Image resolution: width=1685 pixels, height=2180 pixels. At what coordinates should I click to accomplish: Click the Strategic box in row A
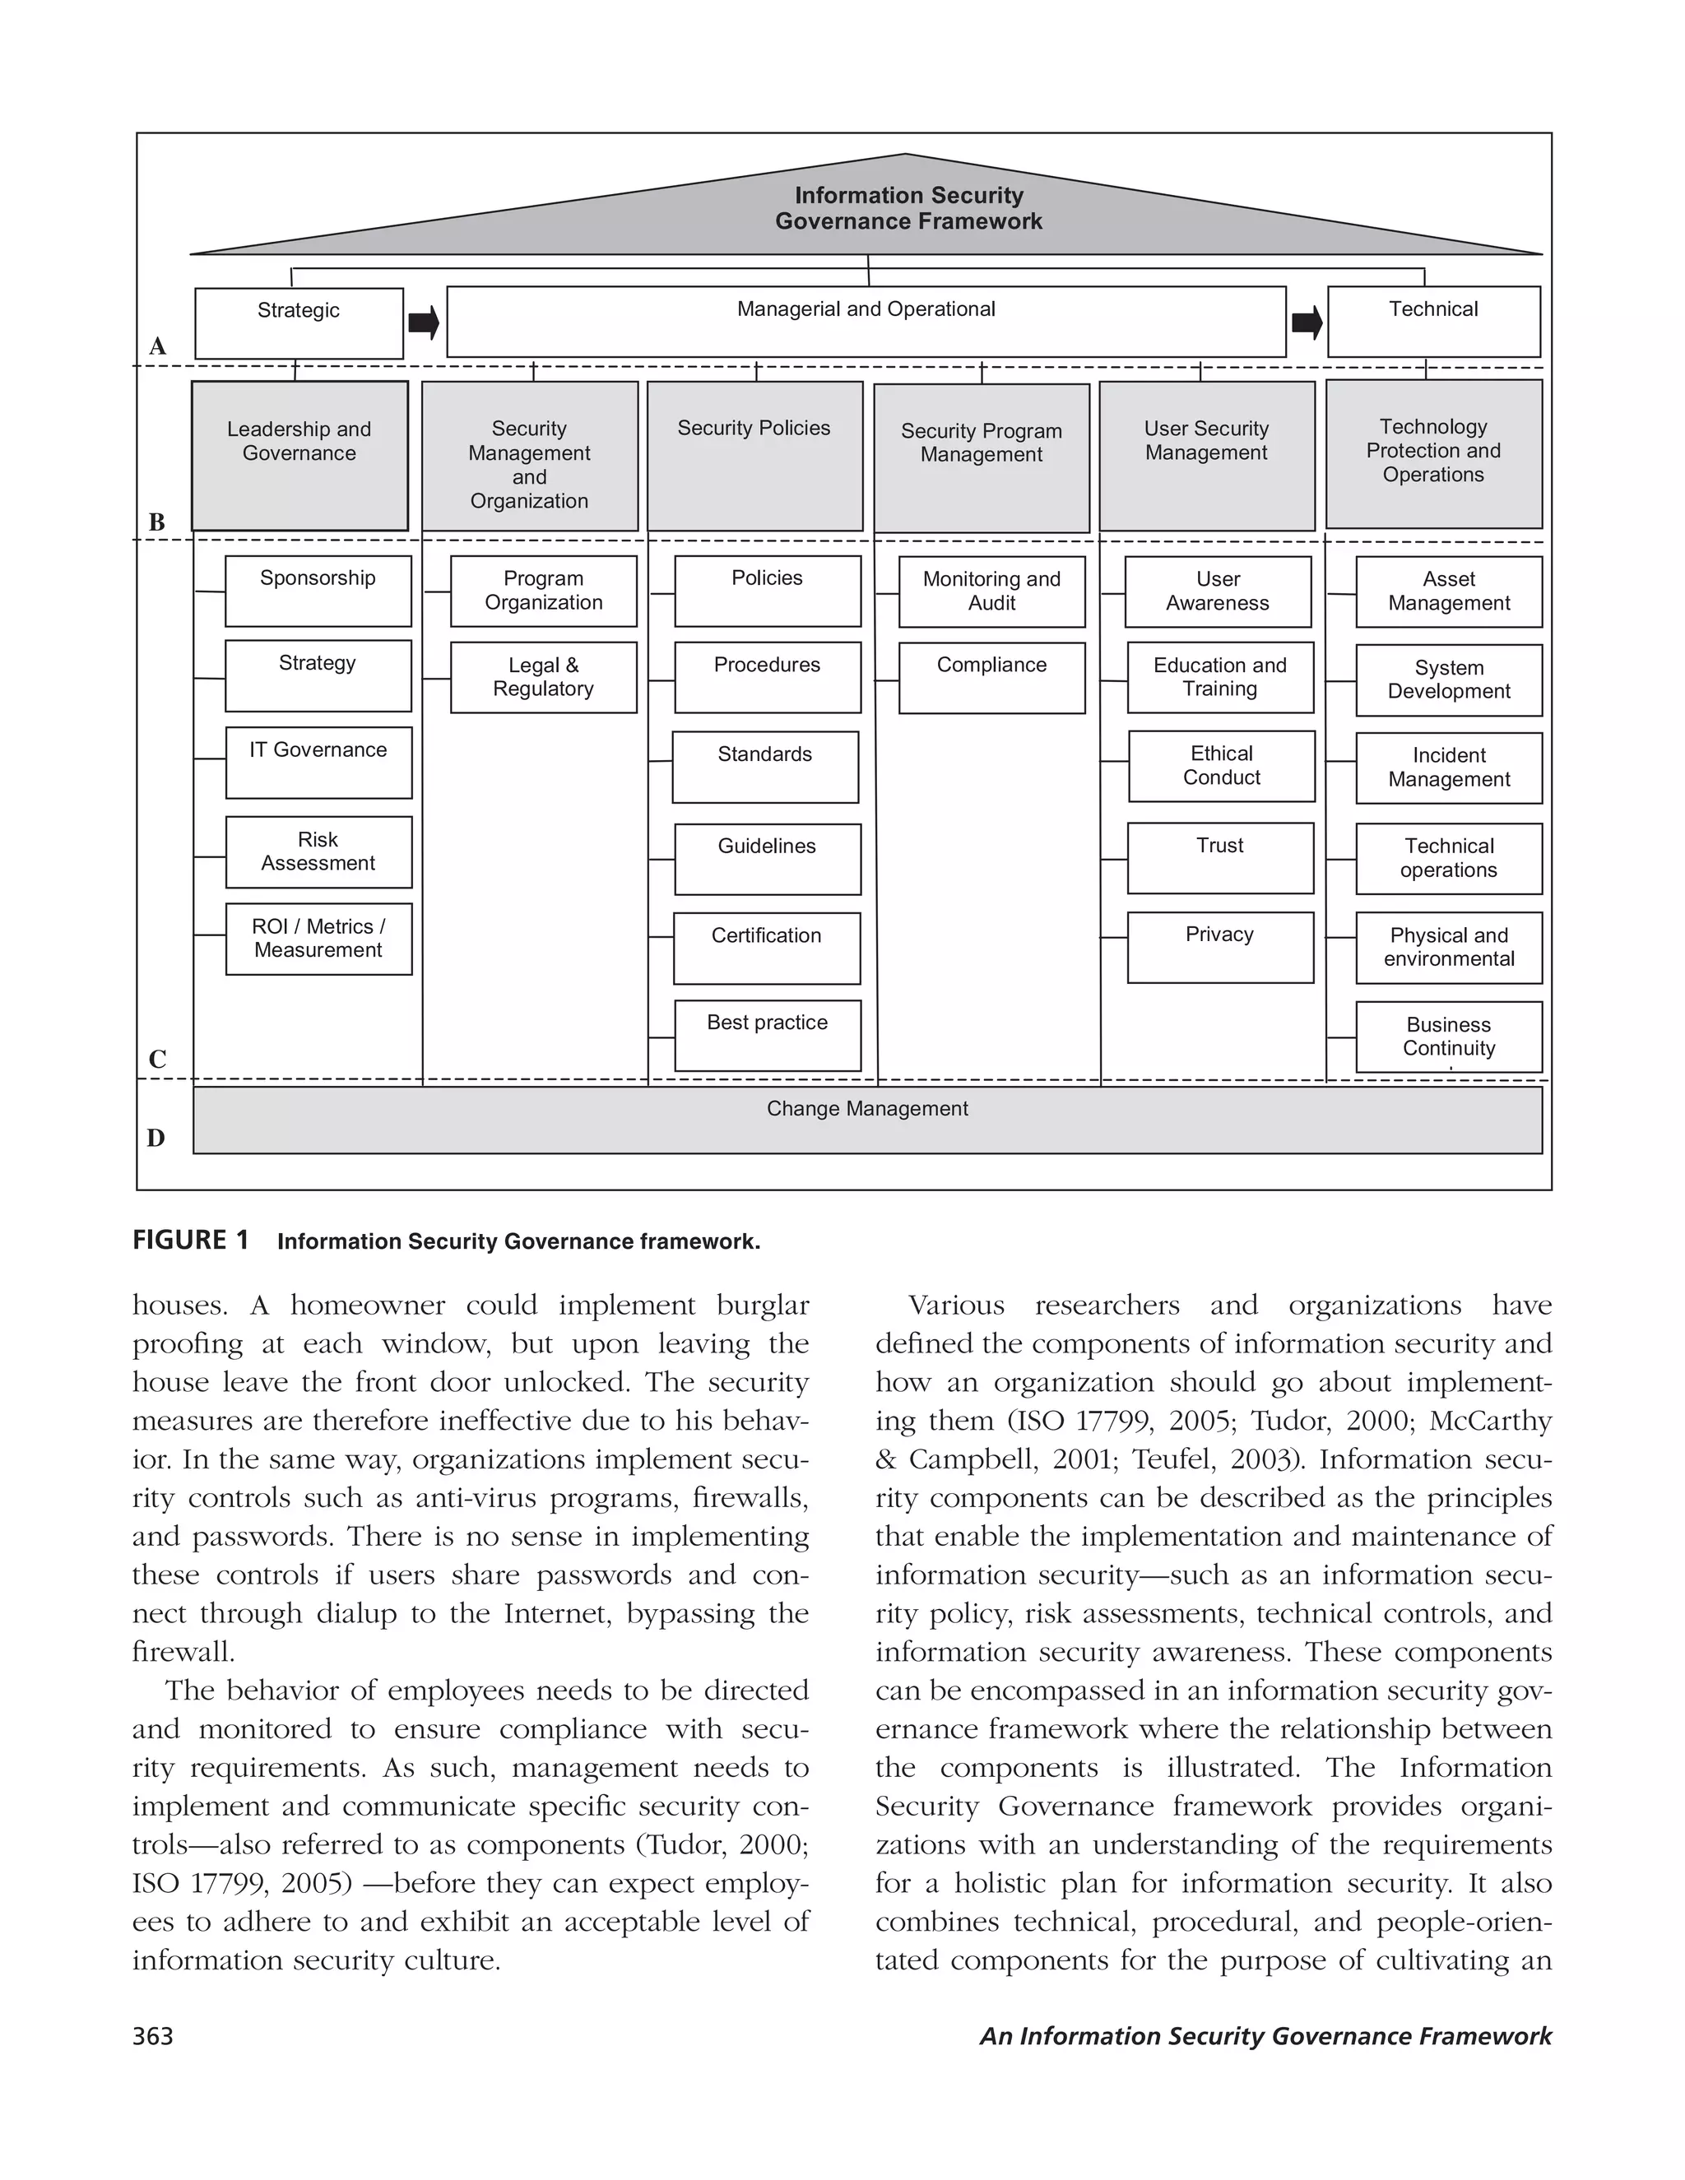pos(299,322)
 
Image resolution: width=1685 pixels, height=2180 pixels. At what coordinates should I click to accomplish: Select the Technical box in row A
pos(1432,322)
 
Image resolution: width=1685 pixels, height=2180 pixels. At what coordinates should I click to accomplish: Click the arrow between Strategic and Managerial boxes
pos(425,322)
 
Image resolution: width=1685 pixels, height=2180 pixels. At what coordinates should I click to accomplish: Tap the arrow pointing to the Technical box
pos(1307,322)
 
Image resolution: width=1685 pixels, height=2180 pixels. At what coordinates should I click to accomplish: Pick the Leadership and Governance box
pos(299,454)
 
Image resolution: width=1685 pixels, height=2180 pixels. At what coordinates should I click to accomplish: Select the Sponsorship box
pos(318,591)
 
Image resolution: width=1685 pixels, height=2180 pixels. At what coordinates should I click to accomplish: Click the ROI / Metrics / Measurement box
pos(318,939)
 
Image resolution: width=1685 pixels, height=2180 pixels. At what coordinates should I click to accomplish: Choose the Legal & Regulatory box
pos(543,677)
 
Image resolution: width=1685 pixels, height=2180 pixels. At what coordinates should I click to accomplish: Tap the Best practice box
pos(767,1035)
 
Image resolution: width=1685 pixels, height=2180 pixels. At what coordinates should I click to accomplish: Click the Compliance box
pos(991,677)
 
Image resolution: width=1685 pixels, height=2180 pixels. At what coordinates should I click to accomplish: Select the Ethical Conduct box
pos(1221,766)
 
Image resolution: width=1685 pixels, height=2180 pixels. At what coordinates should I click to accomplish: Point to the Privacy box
pos(1220,946)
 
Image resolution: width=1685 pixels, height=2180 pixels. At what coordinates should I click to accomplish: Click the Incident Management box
pos(1448,768)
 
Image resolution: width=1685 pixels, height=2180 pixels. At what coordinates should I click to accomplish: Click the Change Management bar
pos(866,1119)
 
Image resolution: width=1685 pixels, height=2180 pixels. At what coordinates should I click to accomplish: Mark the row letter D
pos(156,1138)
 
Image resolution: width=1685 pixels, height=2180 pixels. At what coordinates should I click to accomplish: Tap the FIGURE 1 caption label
pos(191,1240)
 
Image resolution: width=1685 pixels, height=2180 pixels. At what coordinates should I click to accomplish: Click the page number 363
pos(153,2036)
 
